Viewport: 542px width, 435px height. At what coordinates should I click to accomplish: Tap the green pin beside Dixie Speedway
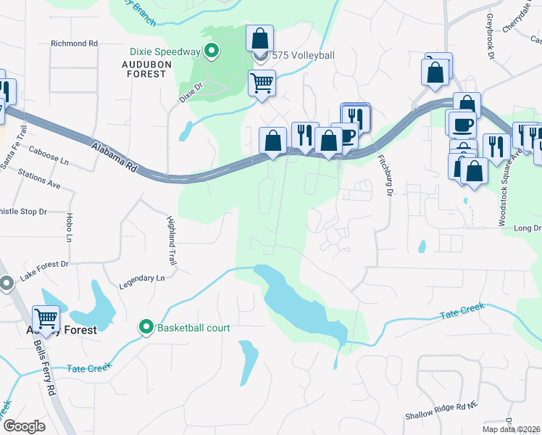[x=212, y=51]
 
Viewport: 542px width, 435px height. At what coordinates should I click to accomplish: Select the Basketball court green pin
[x=146, y=328]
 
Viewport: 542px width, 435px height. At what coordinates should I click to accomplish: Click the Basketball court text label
[x=193, y=328]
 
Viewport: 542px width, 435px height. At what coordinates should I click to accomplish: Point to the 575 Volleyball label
[x=299, y=54]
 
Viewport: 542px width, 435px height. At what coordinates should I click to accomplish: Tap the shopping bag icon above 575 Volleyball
[x=260, y=38]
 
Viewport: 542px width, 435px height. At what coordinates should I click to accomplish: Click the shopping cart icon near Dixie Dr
[x=262, y=82]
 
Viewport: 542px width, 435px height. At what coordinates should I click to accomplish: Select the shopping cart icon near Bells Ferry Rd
[x=46, y=318]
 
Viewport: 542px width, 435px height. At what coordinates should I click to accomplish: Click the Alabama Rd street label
[x=114, y=157]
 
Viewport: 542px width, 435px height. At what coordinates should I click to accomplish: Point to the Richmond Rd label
[x=74, y=43]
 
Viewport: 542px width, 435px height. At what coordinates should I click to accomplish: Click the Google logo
[x=25, y=426]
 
